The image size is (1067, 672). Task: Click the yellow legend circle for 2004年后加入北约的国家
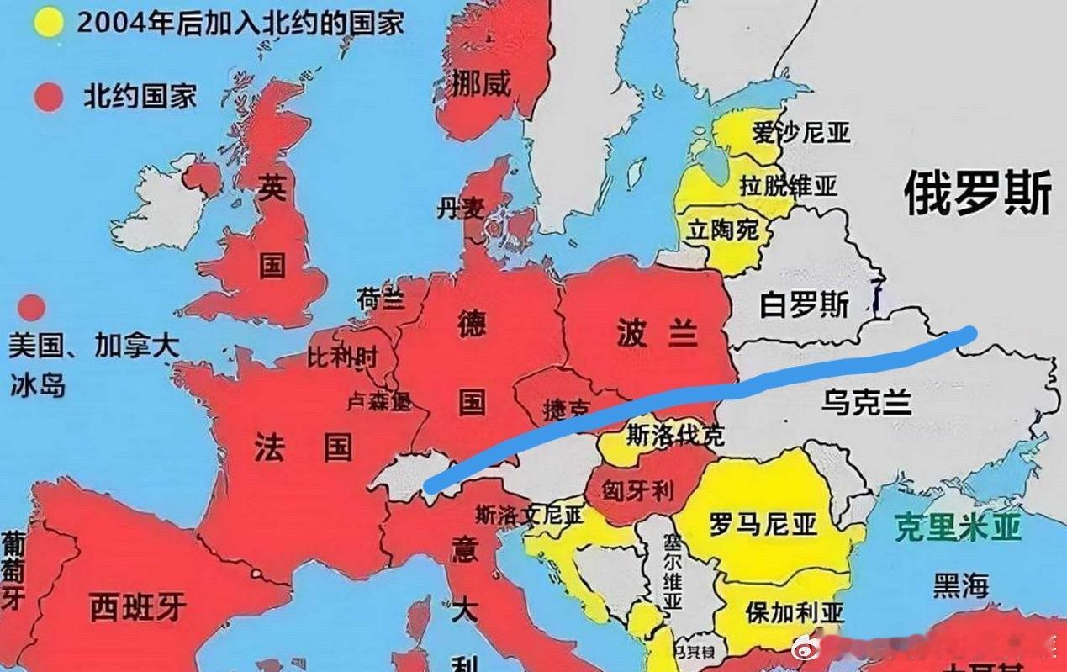[x=49, y=21]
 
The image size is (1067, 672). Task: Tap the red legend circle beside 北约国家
[x=49, y=96]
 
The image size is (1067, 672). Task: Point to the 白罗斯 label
[x=804, y=304]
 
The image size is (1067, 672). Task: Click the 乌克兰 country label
[x=868, y=403]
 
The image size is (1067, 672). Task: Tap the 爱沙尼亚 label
[x=801, y=132]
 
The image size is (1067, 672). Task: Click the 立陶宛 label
[x=723, y=229]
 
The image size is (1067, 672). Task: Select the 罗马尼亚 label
[x=763, y=524]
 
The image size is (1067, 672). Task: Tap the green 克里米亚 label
[x=957, y=527]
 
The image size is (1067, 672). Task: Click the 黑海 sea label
[x=961, y=585]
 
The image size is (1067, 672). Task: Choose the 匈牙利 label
[x=637, y=491]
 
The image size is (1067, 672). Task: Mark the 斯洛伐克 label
[x=674, y=435]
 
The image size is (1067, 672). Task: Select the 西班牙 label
[x=137, y=606]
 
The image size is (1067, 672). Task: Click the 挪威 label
[x=481, y=83]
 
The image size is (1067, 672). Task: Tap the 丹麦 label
[x=460, y=208]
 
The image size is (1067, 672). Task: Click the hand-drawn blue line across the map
[x=715, y=392]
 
